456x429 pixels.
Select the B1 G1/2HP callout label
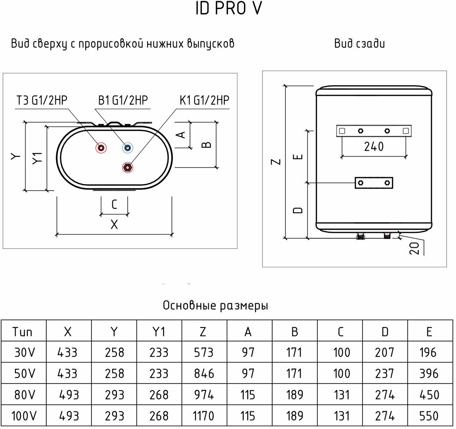coord(123,101)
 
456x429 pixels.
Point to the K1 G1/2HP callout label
coord(204,101)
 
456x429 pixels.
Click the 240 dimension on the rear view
coord(374,147)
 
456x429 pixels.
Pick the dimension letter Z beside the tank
coord(277,161)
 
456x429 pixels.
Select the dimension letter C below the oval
coord(114,204)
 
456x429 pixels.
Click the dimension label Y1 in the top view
coord(37,158)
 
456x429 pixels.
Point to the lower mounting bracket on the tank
coord(374,183)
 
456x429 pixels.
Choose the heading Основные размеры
coord(215,306)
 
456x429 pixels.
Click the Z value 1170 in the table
coord(203,416)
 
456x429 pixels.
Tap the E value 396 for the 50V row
coord(429,374)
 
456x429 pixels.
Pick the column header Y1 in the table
coord(158,332)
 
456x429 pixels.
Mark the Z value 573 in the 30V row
coord(203,352)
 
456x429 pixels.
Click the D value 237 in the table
coord(385,374)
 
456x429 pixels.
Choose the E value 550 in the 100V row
coord(429,416)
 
